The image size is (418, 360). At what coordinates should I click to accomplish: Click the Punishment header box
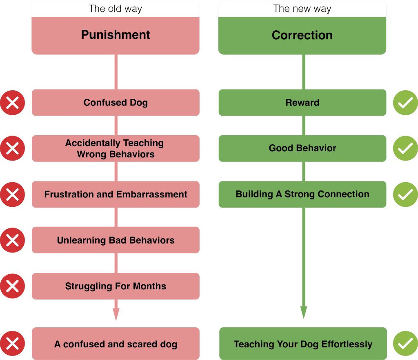click(116, 36)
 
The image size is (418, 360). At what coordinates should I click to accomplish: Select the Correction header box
click(302, 36)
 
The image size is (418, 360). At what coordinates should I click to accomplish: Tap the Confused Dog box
click(116, 103)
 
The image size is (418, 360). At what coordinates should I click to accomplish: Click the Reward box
click(302, 103)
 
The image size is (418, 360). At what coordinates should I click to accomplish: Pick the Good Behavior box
click(302, 148)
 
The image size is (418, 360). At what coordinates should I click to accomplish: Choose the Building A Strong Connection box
click(302, 194)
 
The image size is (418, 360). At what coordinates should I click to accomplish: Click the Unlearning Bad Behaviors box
click(116, 240)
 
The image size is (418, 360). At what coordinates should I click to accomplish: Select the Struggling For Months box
click(116, 286)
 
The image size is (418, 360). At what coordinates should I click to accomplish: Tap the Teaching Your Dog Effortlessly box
click(303, 344)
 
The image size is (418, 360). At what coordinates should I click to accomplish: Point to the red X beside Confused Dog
click(12, 103)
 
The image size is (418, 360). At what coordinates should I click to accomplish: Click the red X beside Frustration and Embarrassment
click(12, 195)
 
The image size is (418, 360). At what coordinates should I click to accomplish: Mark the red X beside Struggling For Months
click(12, 286)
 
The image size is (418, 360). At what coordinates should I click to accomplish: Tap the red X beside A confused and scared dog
click(12, 344)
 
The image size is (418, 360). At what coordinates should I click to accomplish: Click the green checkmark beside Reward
click(405, 103)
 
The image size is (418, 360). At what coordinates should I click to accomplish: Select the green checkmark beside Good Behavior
click(405, 148)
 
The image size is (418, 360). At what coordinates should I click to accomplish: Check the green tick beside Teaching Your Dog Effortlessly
click(405, 344)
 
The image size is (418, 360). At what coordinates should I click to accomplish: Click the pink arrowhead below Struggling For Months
click(116, 314)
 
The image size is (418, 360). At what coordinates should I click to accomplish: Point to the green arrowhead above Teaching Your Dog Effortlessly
click(304, 313)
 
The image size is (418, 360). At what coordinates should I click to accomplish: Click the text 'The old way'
click(115, 9)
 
